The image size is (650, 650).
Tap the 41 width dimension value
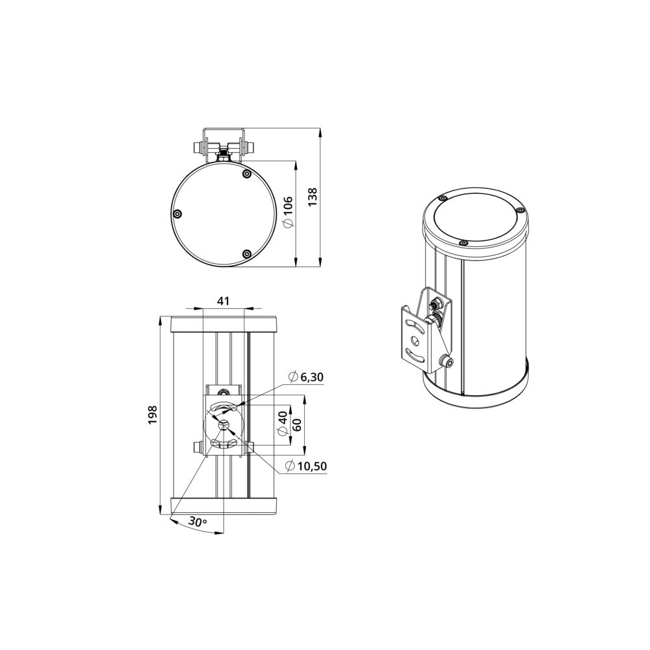[x=223, y=301]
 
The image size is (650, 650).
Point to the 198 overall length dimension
[x=152, y=414]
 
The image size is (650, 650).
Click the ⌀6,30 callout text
[x=305, y=377]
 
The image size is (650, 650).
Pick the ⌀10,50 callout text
[x=306, y=465]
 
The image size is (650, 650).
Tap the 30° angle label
[x=198, y=521]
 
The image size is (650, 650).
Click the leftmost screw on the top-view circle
[x=177, y=214]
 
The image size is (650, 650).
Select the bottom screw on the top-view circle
[x=246, y=253]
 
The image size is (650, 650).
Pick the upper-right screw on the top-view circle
[x=246, y=174]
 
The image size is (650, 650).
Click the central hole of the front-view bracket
[x=225, y=425]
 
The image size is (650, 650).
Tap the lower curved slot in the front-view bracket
[x=225, y=444]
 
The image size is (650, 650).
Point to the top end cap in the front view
[x=224, y=323]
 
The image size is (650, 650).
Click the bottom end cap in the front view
[x=224, y=506]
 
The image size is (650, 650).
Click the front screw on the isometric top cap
[x=462, y=242]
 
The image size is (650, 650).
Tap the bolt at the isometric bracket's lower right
[x=447, y=361]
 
